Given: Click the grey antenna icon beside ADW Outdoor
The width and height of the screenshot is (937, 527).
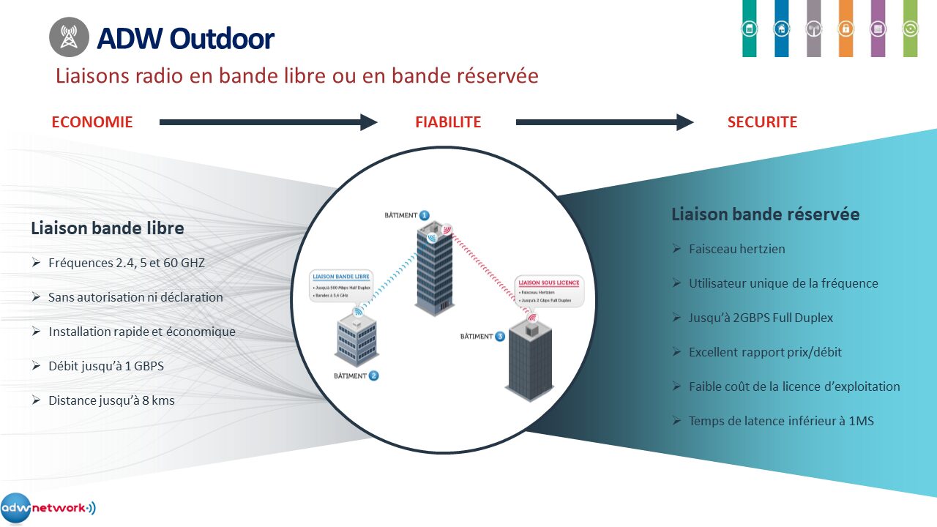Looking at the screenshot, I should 69,37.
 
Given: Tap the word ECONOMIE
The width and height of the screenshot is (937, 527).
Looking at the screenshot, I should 92,122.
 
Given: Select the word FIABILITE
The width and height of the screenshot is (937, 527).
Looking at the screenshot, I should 448,122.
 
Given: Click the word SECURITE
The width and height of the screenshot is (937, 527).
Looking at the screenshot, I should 762,122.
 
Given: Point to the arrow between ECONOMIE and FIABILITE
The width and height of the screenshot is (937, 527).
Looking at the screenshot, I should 268,122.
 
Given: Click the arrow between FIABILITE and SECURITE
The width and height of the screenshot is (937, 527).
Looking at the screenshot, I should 604,122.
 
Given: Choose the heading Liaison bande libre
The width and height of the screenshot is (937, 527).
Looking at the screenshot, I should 107,228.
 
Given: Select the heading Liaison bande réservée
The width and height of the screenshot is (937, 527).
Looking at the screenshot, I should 765,214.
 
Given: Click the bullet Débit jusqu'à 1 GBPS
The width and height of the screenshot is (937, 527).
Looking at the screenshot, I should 105,366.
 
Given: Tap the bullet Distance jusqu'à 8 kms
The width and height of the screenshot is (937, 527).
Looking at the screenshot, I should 111,400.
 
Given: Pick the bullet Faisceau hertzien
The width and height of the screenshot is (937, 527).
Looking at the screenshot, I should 736,249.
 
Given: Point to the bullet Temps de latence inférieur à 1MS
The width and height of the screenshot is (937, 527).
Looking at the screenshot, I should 780,421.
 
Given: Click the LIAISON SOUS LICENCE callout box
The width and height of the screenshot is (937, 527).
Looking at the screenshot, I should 549,291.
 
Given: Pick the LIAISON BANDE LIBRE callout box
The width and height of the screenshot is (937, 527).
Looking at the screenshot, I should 342,285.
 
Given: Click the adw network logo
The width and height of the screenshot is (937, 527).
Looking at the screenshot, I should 48,508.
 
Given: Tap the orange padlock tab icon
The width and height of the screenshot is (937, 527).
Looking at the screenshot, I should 845,29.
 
